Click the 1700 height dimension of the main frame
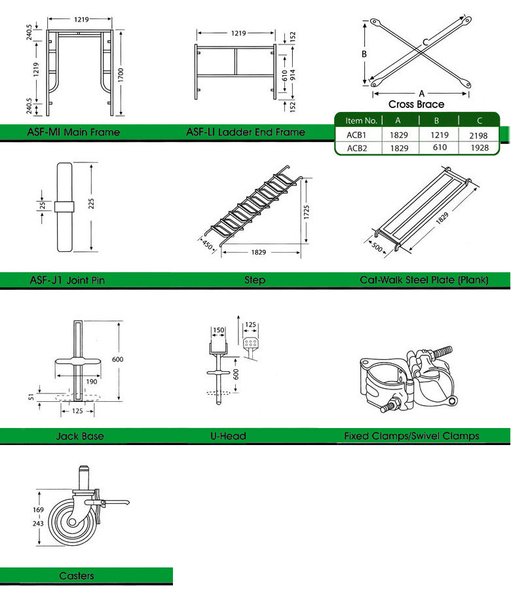[x=120, y=75]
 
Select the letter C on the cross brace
[x=426, y=41]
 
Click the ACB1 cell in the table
[x=356, y=134]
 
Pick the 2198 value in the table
[x=479, y=134]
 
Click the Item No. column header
[x=361, y=120]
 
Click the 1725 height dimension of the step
[x=307, y=211]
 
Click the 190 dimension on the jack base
[x=92, y=382]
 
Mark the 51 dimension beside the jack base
[x=33, y=395]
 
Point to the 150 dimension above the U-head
[x=218, y=331]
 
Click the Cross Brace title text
[x=416, y=104]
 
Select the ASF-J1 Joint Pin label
[x=67, y=280]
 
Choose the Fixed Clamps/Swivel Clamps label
[x=411, y=436]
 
